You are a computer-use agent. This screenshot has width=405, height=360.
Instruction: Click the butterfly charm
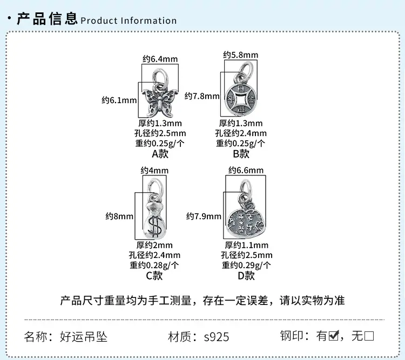pyautogui.click(x=159, y=103)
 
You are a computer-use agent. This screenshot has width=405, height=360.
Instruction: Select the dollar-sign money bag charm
pyautogui.click(x=154, y=221)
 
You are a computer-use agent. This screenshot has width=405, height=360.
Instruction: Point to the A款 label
pyautogui.click(x=160, y=154)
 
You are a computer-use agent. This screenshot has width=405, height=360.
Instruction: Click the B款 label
pyautogui.click(x=241, y=154)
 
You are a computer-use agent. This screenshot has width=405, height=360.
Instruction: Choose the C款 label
pyautogui.click(x=154, y=276)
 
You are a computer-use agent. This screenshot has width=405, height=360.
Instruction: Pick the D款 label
pyautogui.click(x=246, y=276)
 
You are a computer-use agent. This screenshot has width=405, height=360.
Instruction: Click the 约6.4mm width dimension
pyautogui.click(x=160, y=59)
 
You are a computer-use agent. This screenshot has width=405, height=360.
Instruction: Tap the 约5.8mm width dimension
pyautogui.click(x=241, y=55)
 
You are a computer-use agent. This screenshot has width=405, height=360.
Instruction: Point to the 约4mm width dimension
pyautogui.click(x=154, y=171)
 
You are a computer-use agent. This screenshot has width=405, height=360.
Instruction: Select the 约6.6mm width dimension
pyautogui.click(x=246, y=170)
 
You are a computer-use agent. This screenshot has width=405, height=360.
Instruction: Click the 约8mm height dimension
pyautogui.click(x=119, y=216)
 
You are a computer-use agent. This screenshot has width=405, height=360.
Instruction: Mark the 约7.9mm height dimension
pyautogui.click(x=204, y=216)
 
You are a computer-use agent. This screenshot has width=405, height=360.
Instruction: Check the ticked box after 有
pyautogui.click(x=334, y=336)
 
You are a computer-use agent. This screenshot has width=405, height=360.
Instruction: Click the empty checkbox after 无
pyautogui.click(x=369, y=336)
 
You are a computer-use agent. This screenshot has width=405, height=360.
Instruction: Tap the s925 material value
pyautogui.click(x=217, y=337)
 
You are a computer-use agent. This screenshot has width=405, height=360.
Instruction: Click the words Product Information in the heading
pyautogui.click(x=129, y=21)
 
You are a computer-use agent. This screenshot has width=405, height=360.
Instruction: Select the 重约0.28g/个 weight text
pyautogui.click(x=154, y=265)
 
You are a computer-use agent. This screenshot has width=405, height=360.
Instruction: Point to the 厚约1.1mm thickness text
pyautogui.click(x=246, y=245)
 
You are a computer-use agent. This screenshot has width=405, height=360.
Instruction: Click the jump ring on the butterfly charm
pyautogui.click(x=160, y=77)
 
